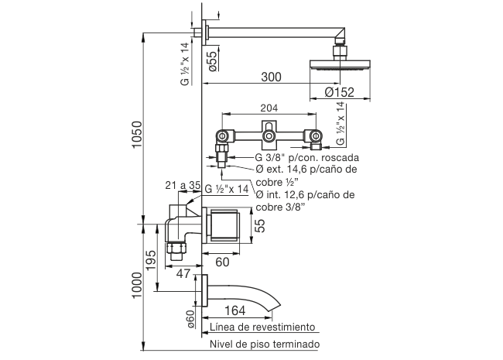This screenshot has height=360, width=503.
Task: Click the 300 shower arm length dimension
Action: [x=271, y=77]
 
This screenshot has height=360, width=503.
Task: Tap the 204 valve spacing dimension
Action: [x=269, y=109]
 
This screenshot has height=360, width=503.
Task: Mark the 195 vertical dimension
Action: [x=151, y=260]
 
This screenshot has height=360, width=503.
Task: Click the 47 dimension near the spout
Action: [x=183, y=273]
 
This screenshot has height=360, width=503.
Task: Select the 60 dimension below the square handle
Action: [x=221, y=262]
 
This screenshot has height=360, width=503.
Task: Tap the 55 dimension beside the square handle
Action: [x=260, y=225]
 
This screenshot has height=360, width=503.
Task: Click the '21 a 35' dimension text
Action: [x=183, y=186]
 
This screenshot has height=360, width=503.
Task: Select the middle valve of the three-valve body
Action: [x=269, y=138]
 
